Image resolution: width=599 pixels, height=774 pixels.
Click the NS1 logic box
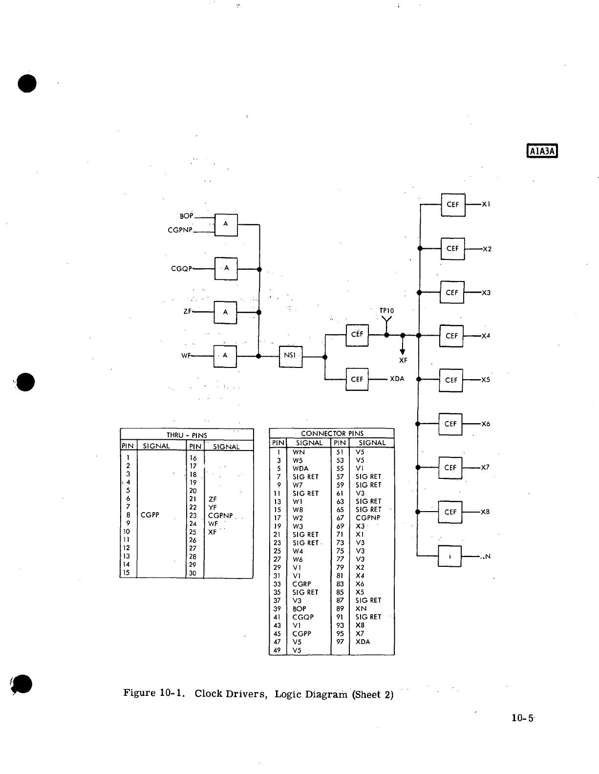coord(290,356)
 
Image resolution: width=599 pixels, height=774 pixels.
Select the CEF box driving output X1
coord(453,205)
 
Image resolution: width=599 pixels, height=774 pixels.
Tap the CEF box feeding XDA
coord(357,379)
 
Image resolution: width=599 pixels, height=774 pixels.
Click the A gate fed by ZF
coord(225,312)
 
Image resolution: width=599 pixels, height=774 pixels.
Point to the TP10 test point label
coord(386,311)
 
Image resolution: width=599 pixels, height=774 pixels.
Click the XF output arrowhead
coord(403,351)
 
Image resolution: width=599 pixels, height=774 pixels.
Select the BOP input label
coord(187,215)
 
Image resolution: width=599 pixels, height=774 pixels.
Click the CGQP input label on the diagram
coord(182,269)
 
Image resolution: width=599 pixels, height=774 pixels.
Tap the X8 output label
coord(485,512)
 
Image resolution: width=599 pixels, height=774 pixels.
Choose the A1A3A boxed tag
coord(542,151)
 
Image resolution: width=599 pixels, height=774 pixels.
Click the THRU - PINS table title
coord(187,435)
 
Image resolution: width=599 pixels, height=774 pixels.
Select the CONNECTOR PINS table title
coord(332,433)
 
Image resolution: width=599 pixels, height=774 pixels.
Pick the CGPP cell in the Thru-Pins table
coord(150,515)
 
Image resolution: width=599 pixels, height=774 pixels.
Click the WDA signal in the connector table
coord(300,468)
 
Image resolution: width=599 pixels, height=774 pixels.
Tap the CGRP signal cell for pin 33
coord(301,584)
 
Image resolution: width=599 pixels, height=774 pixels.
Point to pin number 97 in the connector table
coord(340,642)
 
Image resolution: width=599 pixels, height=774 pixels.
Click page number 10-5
coord(522,718)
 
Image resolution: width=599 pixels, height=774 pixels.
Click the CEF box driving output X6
coord(450,424)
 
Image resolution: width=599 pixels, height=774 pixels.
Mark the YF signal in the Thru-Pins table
coord(213,507)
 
